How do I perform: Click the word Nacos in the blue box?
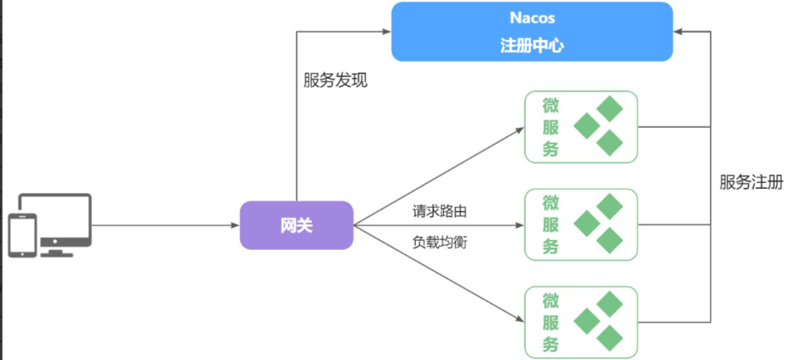click(532, 18)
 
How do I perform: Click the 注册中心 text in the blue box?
click(532, 46)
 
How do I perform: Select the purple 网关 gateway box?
click(296, 225)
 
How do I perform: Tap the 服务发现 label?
click(335, 80)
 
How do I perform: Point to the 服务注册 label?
click(751, 182)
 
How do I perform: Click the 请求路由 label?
click(440, 211)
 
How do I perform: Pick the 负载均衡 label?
click(440, 242)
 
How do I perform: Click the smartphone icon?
click(22, 235)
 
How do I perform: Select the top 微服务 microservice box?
click(581, 126)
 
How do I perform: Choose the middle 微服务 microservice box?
click(581, 225)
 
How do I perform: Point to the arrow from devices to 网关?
click(164, 225)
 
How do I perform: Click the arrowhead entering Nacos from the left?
click(387, 31)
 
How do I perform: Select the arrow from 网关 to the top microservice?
click(439, 176)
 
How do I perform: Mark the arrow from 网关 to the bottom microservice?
click(439, 274)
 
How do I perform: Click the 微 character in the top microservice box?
click(550, 106)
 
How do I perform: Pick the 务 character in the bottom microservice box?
click(550, 344)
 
